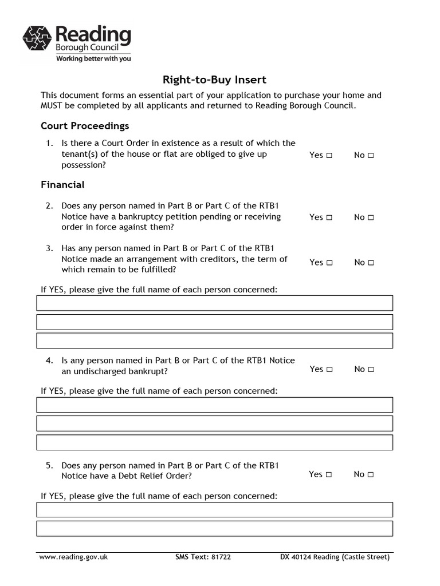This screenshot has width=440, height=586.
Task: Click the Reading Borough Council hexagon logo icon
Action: pos(37,38)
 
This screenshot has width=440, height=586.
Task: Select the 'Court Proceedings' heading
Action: pos(85,125)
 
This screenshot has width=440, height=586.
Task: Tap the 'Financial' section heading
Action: pos(62,184)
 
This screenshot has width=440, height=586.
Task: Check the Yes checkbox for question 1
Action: pos(329,155)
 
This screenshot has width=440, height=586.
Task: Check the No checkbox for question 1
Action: pos(371,155)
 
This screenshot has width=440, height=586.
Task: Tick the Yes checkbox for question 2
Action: pos(329,217)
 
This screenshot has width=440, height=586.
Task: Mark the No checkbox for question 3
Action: pos(371,263)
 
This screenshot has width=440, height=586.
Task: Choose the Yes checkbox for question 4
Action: pos(329,370)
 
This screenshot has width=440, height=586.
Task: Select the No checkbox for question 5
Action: pos(371,474)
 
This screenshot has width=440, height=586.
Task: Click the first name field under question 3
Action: pos(215,303)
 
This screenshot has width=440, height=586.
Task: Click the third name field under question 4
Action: pos(215,442)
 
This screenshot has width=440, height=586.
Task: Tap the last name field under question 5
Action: pos(215,528)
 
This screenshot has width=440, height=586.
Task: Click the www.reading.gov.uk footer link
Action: pos(73,557)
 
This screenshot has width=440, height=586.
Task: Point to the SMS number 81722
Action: pos(221,557)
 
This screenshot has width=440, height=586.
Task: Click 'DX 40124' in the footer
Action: pos(296,557)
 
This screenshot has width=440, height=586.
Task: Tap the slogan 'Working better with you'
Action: pos(93,58)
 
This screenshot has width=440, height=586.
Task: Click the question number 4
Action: pos(50,361)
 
